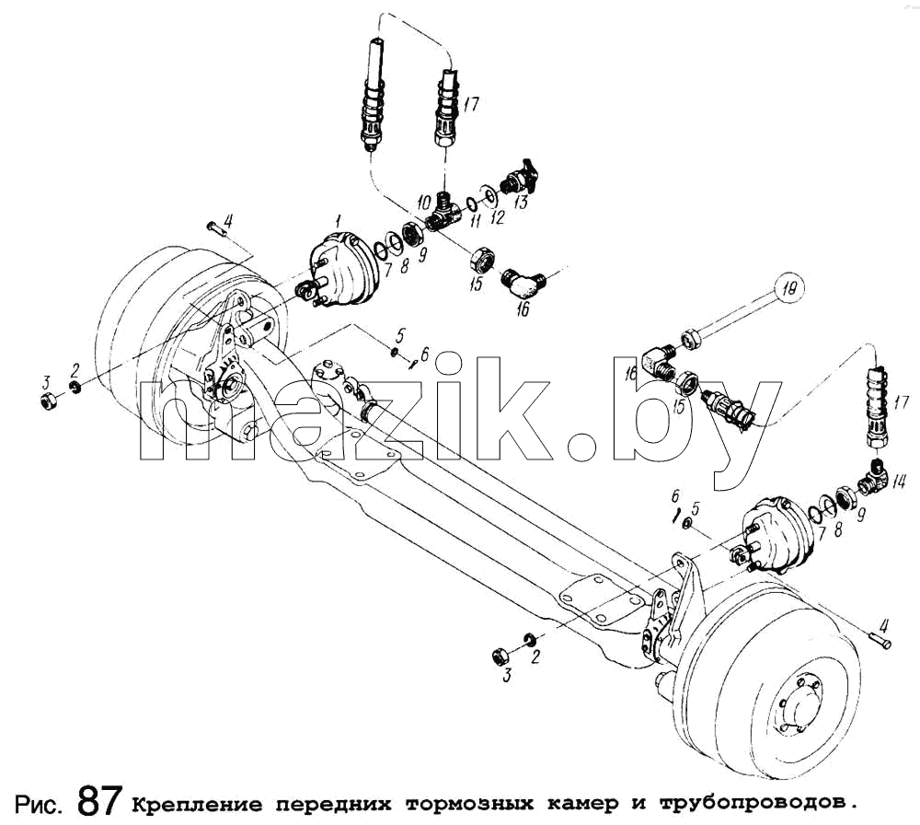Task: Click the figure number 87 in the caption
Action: (99, 800)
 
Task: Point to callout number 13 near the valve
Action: (520, 202)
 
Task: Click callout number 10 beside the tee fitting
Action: (423, 203)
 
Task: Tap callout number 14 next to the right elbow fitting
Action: (898, 482)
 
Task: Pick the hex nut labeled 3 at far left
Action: (50, 402)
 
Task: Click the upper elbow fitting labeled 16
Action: (524, 283)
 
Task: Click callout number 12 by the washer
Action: (497, 218)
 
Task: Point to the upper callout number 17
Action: (471, 106)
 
